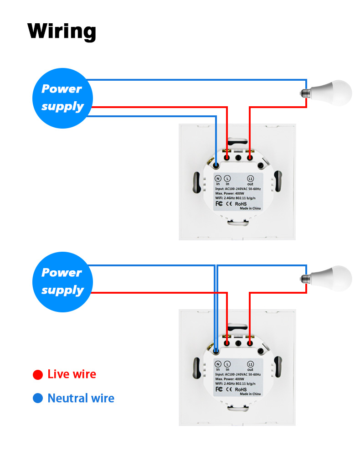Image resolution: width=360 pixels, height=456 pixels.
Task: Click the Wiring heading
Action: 62,31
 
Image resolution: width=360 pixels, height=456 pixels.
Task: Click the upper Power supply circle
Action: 62,98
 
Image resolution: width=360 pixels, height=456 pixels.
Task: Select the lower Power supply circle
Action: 62,281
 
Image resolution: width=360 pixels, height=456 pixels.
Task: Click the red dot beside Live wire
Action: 38,375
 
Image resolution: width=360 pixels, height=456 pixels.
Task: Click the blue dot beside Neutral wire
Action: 38,399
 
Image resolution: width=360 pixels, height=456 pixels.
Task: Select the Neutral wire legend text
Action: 81,398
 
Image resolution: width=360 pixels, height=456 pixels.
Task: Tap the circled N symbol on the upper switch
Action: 218,178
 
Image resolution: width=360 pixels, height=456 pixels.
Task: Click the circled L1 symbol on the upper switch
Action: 250,178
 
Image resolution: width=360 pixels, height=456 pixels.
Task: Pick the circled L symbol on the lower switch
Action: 227,363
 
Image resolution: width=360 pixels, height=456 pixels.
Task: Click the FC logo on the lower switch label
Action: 219,389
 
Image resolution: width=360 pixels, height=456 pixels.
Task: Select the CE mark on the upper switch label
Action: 230,203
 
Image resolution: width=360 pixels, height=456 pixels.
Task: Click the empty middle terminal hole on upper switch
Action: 238,157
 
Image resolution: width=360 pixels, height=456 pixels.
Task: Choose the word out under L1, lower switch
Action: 250,369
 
